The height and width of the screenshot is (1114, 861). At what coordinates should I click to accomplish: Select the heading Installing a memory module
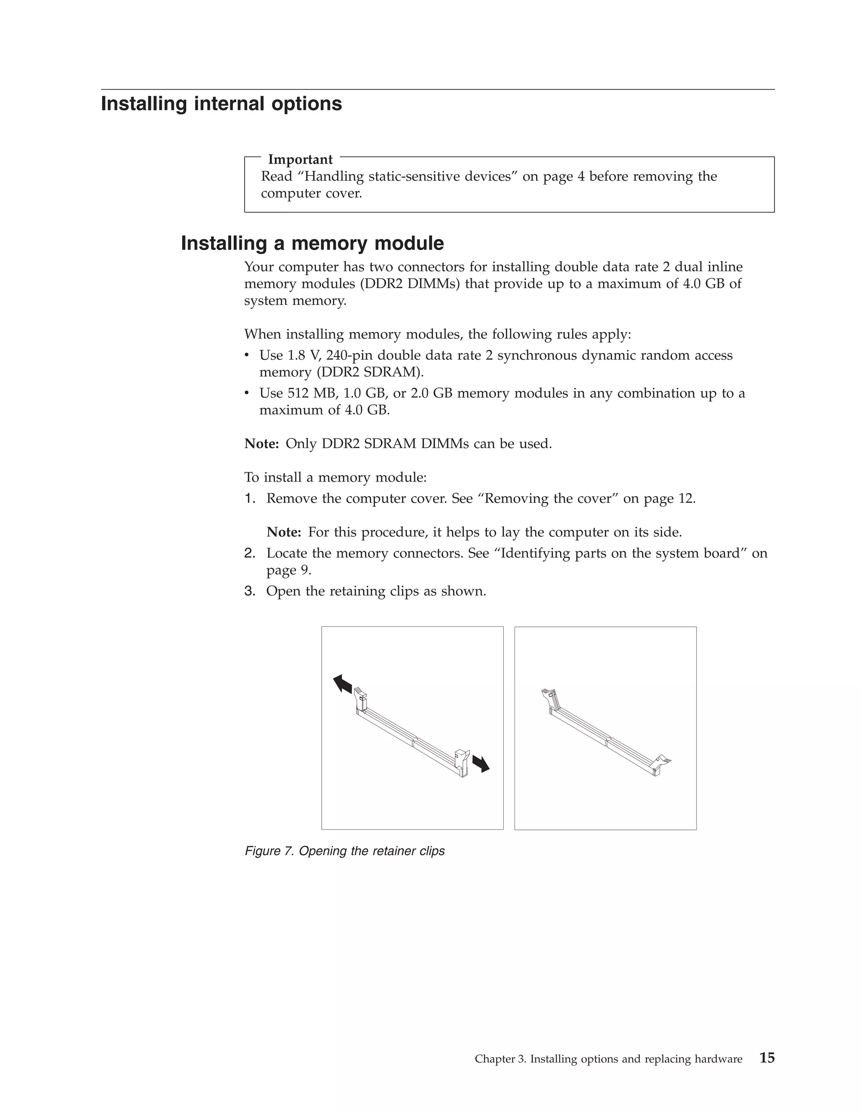(312, 243)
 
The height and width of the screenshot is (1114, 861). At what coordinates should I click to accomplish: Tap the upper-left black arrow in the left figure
(343, 684)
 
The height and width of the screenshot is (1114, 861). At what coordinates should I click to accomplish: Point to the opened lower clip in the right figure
(662, 762)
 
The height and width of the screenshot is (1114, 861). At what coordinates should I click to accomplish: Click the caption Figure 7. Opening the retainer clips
(345, 851)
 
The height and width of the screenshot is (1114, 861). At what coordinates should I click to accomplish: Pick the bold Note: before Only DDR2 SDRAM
(261, 444)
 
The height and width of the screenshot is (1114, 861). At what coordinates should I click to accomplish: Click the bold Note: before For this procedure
(284, 533)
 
